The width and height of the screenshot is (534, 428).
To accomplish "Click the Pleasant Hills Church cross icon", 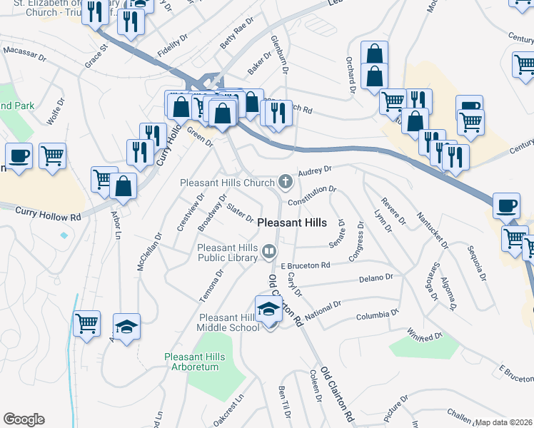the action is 286,182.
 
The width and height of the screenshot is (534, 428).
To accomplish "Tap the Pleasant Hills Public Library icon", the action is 269,250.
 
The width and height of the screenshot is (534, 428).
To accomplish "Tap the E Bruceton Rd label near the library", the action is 306,265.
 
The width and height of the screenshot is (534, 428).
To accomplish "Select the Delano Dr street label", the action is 376,277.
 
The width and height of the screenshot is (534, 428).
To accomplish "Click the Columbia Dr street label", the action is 376,314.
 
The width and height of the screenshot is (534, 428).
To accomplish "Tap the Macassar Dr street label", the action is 24,52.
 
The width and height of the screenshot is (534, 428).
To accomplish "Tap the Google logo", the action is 24,419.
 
